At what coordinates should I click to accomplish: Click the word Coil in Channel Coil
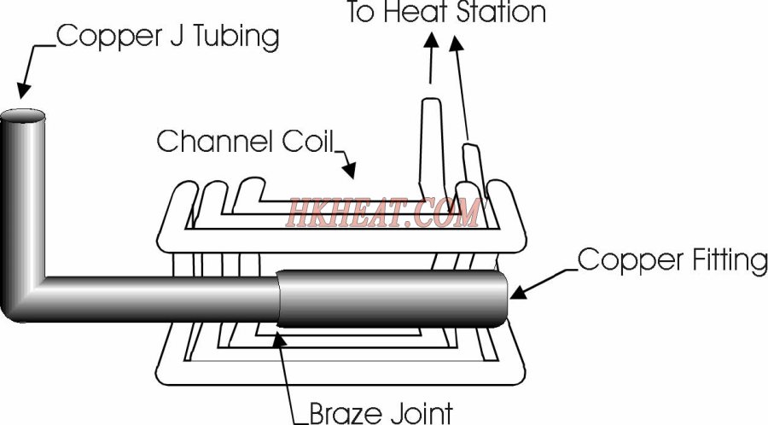(307, 141)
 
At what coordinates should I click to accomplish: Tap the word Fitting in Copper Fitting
(730, 259)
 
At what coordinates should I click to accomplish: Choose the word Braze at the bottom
(346, 414)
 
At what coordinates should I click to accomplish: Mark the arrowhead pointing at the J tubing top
(23, 90)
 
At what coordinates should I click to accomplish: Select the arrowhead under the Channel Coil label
(349, 170)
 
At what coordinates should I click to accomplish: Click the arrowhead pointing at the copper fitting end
(519, 293)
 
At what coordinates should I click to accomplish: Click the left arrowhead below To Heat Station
(431, 40)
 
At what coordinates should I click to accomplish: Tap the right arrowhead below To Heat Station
(456, 43)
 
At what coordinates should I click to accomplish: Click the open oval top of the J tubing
(23, 116)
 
